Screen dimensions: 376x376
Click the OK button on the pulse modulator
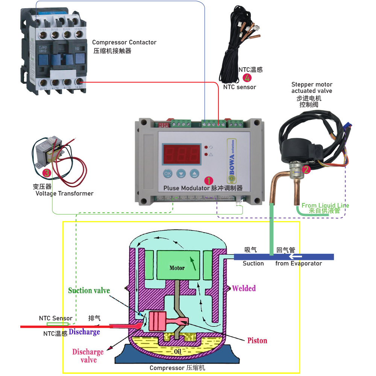click(168, 174)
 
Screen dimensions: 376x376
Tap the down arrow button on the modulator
click(181, 174)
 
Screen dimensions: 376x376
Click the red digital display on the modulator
click(181, 154)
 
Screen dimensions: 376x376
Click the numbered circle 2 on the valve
click(306, 170)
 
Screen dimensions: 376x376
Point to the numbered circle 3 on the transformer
click(46, 173)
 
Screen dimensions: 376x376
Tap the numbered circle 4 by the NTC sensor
click(247, 78)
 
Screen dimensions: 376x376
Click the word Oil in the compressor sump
click(178, 351)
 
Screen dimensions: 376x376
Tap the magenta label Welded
click(244, 288)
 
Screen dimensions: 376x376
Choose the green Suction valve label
click(89, 290)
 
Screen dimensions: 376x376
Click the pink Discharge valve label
click(88, 356)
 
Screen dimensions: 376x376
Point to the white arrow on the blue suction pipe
click(296, 256)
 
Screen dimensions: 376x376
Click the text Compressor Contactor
click(124, 42)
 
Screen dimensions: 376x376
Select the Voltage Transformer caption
click(64, 193)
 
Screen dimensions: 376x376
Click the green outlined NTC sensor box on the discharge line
click(58, 324)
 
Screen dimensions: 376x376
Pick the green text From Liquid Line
click(325, 205)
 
